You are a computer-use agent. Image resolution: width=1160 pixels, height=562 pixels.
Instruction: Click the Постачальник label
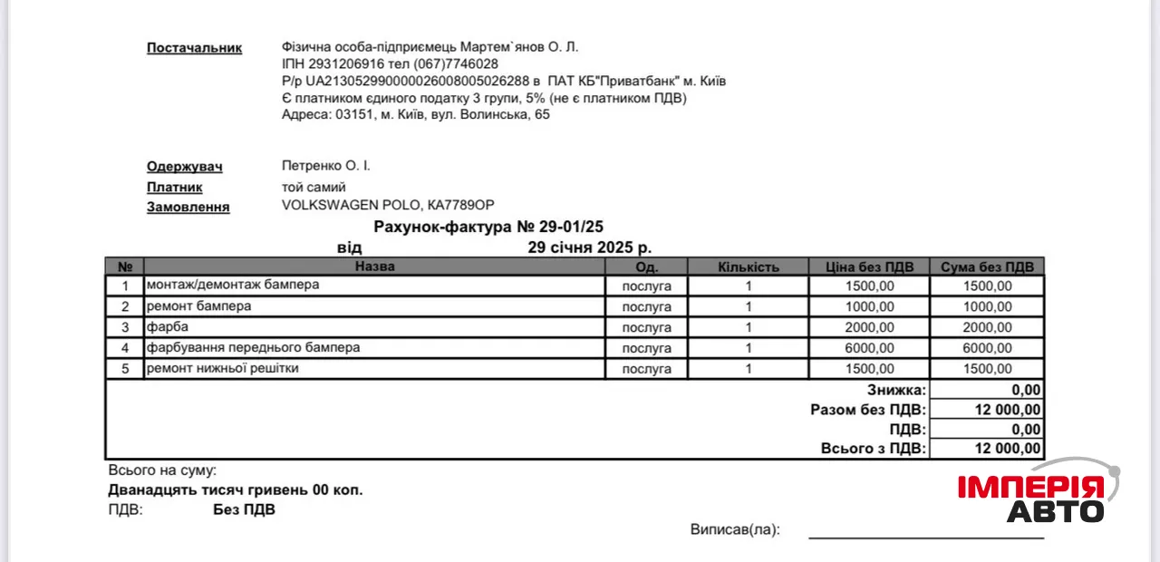(194, 48)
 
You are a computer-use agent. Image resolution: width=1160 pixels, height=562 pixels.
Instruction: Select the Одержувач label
(184, 167)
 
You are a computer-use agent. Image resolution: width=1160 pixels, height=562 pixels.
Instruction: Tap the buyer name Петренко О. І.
(326, 166)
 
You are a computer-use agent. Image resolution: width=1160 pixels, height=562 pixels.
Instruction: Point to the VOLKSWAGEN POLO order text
(389, 206)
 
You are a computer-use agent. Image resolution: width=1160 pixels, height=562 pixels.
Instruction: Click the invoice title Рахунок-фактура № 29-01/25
(488, 227)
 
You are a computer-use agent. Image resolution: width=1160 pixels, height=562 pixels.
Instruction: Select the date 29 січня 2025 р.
(589, 247)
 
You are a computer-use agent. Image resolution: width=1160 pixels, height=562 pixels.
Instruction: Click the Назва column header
(374, 266)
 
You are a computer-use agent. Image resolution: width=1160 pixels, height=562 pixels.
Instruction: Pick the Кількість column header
(748, 266)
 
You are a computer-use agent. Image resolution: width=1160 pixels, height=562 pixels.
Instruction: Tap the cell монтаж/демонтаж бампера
(233, 286)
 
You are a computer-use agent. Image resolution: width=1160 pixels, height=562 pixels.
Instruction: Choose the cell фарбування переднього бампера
(254, 347)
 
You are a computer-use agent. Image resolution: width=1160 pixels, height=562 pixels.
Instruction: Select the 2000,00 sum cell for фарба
(987, 327)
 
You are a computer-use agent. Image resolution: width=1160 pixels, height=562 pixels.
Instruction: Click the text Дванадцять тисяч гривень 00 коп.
(236, 490)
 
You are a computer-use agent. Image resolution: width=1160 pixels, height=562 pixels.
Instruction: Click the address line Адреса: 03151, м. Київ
(416, 115)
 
